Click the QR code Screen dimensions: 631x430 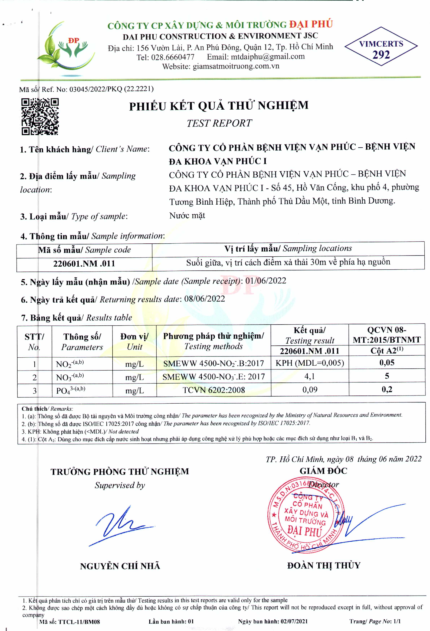pyautogui.click(x=40, y=116)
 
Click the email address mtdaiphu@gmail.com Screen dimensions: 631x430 pyautogui.click(x=267, y=57)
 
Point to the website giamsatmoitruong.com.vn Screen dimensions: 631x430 pyautogui.click(x=236, y=66)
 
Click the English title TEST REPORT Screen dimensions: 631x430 pyautogui.click(x=219, y=123)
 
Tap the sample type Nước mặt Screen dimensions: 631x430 pyautogui.click(x=187, y=215)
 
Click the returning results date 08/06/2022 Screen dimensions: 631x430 pyautogui.click(x=204, y=299)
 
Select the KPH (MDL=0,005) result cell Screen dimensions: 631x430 pyautogui.click(x=310, y=363)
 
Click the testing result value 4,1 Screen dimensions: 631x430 pyautogui.click(x=310, y=376)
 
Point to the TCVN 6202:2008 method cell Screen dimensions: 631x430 pyautogui.click(x=214, y=390)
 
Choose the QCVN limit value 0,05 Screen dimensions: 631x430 pyautogui.click(x=386, y=362)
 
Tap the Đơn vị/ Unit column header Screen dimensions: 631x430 pyautogui.click(x=134, y=341)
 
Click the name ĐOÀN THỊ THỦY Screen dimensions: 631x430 pyautogui.click(x=324, y=565)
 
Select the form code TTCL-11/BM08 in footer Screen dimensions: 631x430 pyautogui.click(x=79, y=622)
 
